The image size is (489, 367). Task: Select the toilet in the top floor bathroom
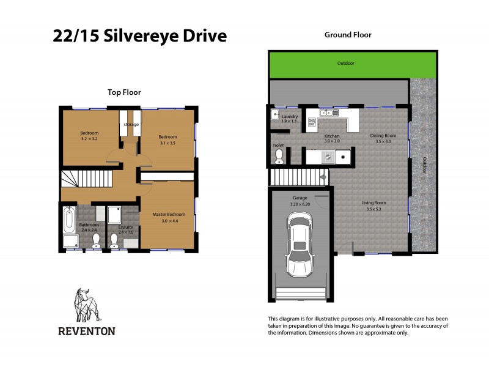[95, 239]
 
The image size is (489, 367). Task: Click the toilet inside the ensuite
[114, 240]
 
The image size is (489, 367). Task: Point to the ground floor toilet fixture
[279, 157]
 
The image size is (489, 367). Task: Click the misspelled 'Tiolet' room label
[278, 146]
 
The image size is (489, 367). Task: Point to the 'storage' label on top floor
[131, 125]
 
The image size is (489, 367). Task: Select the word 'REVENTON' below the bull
[86, 331]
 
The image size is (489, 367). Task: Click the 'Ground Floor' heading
[347, 35]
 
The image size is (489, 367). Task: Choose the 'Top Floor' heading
[124, 92]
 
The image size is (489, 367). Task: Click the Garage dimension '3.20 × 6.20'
[300, 204]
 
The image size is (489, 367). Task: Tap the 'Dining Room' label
[383, 135]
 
